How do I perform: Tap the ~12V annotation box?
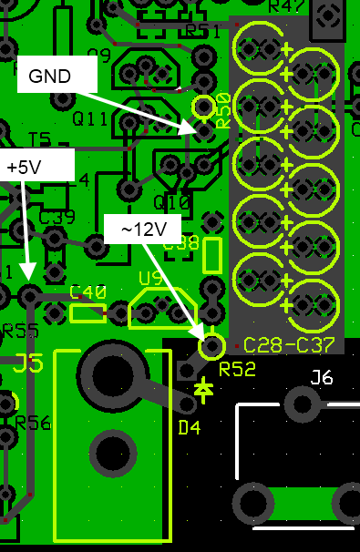point(142,230)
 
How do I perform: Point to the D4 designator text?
point(189,428)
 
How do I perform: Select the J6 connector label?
point(322,377)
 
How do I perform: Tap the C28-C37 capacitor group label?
point(290,345)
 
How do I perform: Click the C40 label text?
point(88,292)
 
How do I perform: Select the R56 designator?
point(33,422)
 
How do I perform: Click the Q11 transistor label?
point(90,118)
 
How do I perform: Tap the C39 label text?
point(57,218)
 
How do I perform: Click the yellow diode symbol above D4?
point(204,390)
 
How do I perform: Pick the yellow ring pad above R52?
point(211,346)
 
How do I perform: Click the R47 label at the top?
point(286,7)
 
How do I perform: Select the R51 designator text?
point(202,32)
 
